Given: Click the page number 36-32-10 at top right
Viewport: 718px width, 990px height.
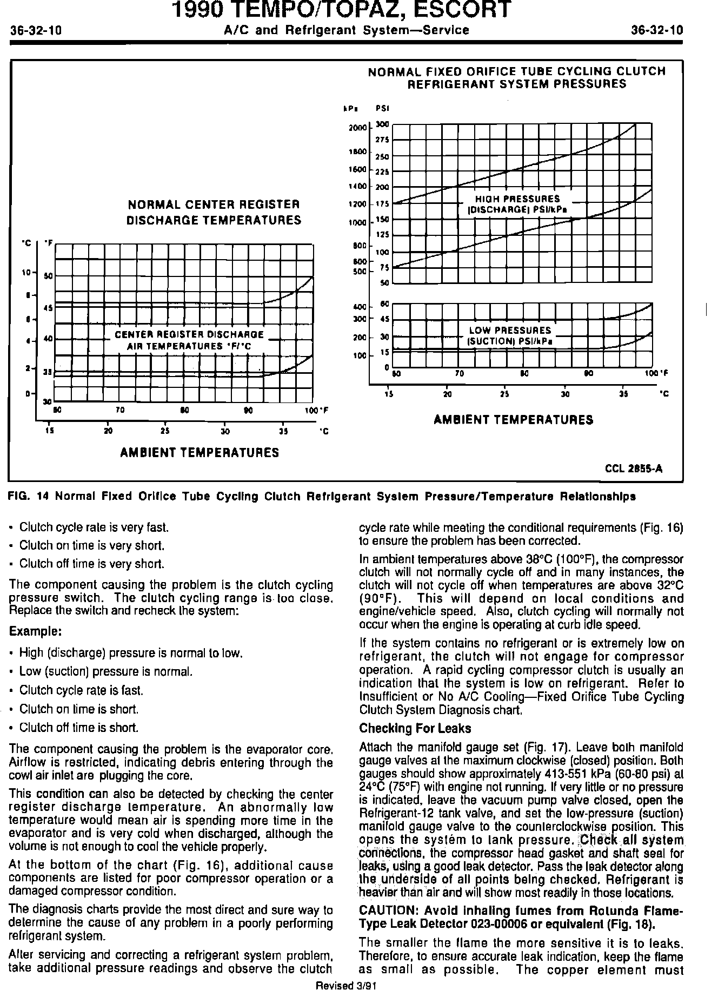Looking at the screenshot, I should click(x=656, y=30).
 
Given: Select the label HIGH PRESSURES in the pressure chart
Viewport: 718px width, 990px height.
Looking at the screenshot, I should click(x=517, y=199).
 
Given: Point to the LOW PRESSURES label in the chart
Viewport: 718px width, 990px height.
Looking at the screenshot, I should click(x=510, y=330).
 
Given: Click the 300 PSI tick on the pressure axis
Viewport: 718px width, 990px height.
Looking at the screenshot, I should click(x=382, y=124).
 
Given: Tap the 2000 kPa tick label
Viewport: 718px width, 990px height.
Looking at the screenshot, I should click(x=357, y=128).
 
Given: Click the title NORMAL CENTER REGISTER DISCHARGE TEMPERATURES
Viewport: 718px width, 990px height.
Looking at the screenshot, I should click(x=214, y=212).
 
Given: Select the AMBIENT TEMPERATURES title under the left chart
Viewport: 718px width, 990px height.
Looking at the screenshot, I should click(x=200, y=453).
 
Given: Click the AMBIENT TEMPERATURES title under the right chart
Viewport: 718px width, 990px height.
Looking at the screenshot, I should click(x=513, y=420).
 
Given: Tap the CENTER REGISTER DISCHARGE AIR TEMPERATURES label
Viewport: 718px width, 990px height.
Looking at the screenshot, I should click(x=189, y=340).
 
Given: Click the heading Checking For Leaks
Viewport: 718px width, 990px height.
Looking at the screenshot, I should click(x=415, y=728).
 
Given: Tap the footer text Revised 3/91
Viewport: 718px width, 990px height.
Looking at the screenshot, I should click(x=345, y=985).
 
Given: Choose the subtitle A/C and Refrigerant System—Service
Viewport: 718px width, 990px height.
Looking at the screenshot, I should click(x=347, y=30).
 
